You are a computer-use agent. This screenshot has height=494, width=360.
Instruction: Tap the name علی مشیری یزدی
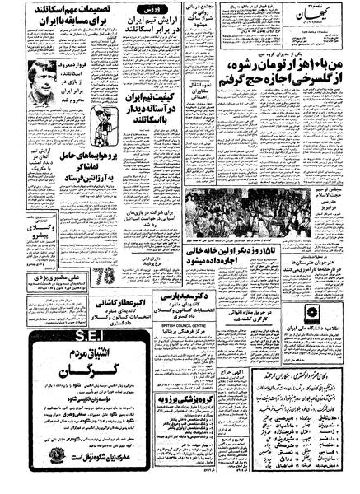coord(39,279)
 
